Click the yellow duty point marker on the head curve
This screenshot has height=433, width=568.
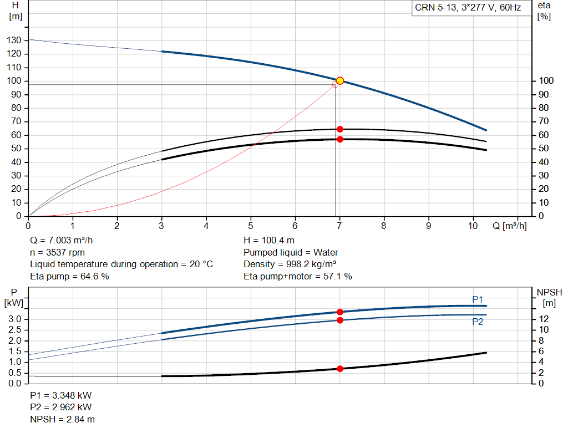(x=340, y=81)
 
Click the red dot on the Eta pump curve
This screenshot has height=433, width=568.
(x=340, y=129)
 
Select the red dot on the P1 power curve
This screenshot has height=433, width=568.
(x=340, y=312)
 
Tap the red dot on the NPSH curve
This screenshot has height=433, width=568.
(x=340, y=369)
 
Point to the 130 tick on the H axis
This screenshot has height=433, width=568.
(x=15, y=40)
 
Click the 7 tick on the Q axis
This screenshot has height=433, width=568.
(x=339, y=226)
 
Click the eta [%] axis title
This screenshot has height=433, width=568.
(x=544, y=11)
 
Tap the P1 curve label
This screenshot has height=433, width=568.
(x=478, y=299)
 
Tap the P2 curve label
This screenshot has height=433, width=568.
(x=478, y=321)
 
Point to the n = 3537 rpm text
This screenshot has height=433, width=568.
(x=57, y=252)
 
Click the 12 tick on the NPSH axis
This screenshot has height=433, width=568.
(x=545, y=319)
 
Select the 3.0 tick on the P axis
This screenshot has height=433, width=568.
(x=15, y=319)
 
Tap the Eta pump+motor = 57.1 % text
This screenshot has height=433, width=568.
(x=298, y=276)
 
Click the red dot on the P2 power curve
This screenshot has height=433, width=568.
(x=340, y=320)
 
